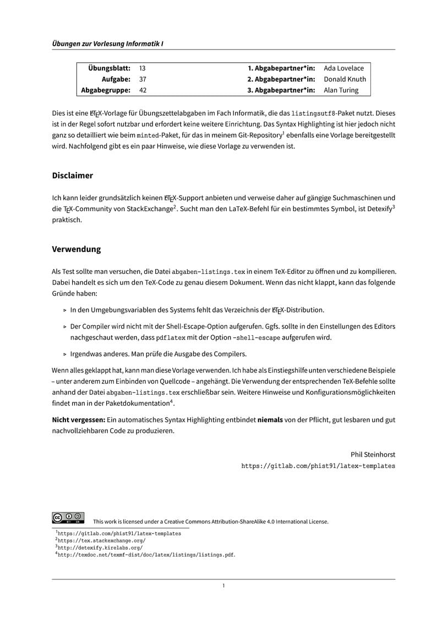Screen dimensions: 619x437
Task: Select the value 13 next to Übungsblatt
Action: point(143,68)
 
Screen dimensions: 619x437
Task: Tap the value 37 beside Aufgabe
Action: point(143,79)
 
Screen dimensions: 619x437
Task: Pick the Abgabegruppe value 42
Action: point(143,90)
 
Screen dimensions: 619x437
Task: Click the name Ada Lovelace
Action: point(344,68)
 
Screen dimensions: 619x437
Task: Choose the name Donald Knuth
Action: point(345,79)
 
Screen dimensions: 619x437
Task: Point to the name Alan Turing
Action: point(341,90)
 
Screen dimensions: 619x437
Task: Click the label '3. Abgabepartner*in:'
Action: point(281,90)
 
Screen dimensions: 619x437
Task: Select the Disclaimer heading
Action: point(72,176)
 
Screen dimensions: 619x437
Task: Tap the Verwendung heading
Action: point(77,249)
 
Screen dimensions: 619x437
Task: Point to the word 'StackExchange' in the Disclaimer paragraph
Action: point(149,209)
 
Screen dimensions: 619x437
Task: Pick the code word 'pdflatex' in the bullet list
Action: point(171,337)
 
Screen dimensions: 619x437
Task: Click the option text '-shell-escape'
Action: point(257,337)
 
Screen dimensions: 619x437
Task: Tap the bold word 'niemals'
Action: point(270,420)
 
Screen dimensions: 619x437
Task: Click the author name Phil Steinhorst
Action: point(373,455)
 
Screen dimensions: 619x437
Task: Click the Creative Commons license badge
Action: point(68,518)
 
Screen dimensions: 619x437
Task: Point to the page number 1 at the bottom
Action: point(223,586)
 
